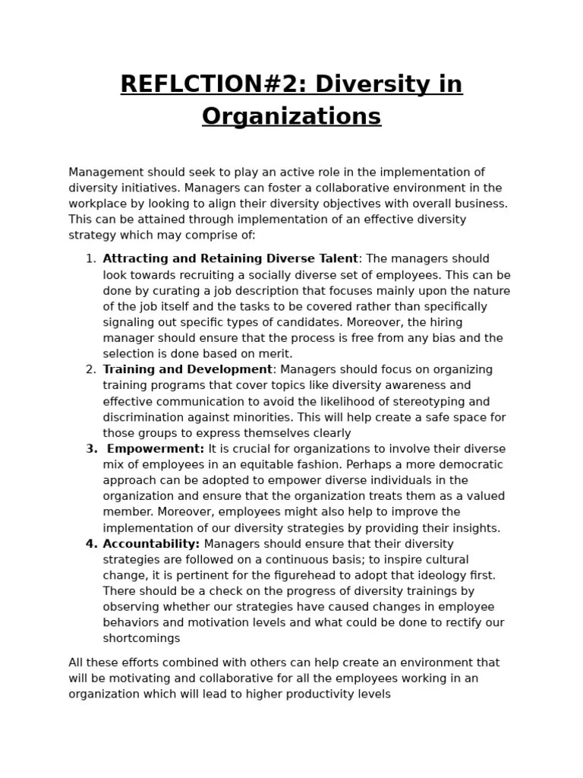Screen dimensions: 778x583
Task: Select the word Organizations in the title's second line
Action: tap(291, 116)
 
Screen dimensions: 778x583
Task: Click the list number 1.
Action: tap(90, 259)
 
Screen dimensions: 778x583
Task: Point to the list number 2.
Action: tap(90, 370)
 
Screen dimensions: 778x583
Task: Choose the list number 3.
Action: tap(90, 449)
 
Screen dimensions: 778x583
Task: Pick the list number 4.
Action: tap(90, 544)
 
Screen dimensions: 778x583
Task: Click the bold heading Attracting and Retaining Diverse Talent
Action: tap(230, 259)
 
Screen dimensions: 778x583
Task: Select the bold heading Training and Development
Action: tap(187, 370)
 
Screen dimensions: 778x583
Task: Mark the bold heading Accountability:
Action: tap(151, 544)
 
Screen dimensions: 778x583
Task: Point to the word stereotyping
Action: tap(432, 402)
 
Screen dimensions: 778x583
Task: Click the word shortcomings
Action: tap(141, 639)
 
